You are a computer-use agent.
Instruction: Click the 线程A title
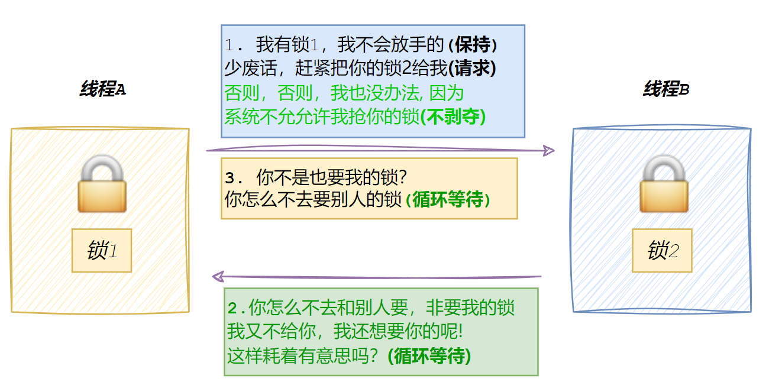point(103,90)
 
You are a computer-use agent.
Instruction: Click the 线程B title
point(666,90)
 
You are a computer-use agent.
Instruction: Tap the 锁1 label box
point(102,250)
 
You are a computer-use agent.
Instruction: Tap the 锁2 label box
point(662,250)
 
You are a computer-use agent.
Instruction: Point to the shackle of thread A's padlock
point(102,167)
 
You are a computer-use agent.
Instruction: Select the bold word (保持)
point(473,44)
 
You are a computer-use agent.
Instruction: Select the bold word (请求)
point(472,69)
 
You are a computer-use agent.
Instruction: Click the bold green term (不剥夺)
point(453,116)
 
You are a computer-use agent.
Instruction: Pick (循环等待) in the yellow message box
point(448,200)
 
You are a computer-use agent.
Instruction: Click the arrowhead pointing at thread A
point(218,276)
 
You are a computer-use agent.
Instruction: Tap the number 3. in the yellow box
point(234,177)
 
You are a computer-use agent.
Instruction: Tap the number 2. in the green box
point(237,308)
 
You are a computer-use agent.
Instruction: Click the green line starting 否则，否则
point(344,93)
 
